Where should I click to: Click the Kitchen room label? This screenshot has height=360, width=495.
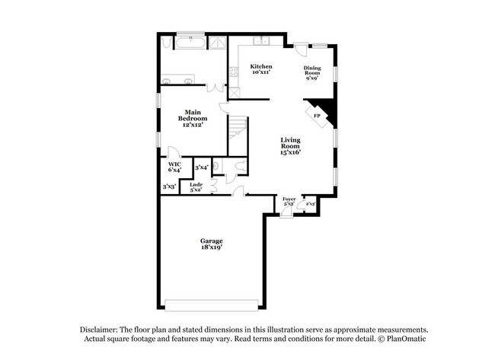click(x=261, y=69)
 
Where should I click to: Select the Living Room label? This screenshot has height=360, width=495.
click(x=290, y=145)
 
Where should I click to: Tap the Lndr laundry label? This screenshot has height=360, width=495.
click(x=196, y=187)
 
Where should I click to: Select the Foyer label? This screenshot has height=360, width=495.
click(x=289, y=202)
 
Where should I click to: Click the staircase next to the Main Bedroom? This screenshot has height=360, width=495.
click(x=239, y=133)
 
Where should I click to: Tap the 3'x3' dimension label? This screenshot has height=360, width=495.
click(x=169, y=186)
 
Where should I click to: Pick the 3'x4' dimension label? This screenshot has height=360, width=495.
click(x=201, y=167)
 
